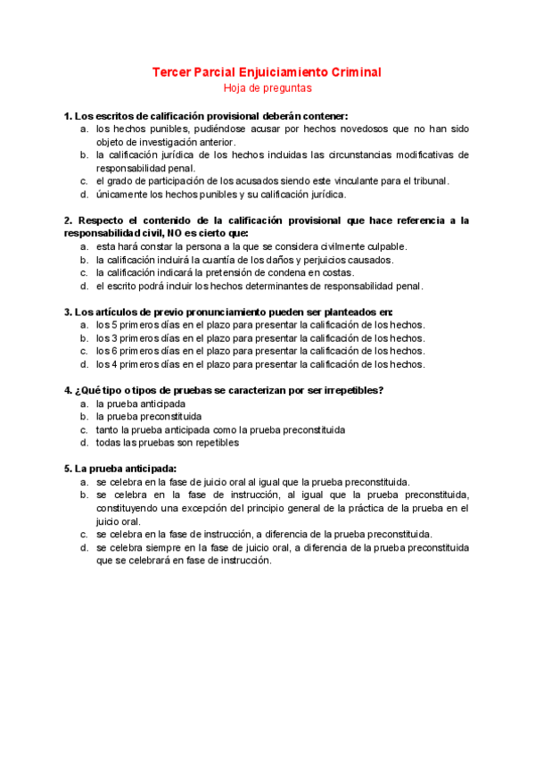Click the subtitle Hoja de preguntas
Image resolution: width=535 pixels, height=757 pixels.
click(267, 87)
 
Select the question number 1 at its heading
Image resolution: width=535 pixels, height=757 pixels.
click(68, 116)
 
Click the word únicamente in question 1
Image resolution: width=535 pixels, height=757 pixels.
click(121, 194)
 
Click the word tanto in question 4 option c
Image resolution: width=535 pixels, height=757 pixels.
click(108, 429)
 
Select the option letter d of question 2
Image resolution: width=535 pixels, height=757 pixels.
click(83, 286)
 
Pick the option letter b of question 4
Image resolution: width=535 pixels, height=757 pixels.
click(83, 416)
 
